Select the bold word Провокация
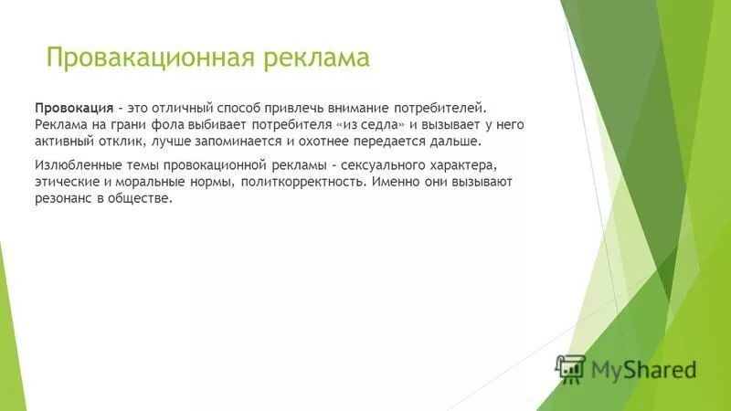click(74, 107)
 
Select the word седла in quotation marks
click(378, 124)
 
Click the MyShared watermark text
click(643, 369)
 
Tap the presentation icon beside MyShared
click(571, 368)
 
